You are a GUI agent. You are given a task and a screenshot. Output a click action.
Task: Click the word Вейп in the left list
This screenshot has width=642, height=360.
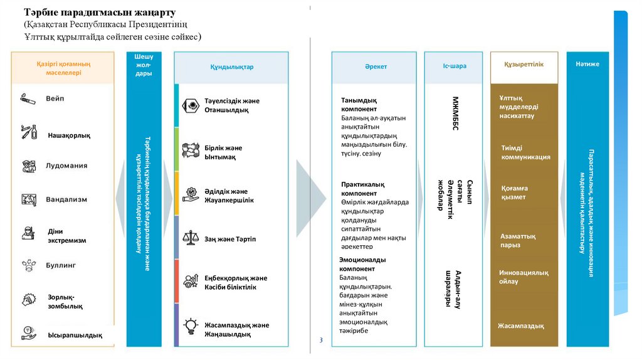point(55,99)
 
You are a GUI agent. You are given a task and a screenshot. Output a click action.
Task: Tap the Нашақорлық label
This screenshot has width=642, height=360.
point(69,135)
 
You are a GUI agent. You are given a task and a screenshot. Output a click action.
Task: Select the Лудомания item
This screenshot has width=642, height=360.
point(66,166)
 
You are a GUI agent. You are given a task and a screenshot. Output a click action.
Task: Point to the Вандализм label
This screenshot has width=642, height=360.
point(66,199)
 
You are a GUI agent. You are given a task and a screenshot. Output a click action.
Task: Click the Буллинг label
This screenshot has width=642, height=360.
point(60,265)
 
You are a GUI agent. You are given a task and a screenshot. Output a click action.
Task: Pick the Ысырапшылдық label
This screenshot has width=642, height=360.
point(75,335)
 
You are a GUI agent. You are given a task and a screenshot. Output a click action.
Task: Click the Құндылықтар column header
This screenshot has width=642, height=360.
point(231,67)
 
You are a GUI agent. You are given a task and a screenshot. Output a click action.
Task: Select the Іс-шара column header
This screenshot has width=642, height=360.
point(455,66)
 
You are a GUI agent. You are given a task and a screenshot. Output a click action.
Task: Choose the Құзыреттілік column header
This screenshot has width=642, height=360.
point(524,65)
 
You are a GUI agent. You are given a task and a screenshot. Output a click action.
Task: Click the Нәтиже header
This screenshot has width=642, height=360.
point(587,64)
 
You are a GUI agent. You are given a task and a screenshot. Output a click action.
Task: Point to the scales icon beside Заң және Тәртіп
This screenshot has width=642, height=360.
point(190,238)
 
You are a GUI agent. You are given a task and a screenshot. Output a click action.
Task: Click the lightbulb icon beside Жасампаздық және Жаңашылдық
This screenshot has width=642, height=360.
point(190,326)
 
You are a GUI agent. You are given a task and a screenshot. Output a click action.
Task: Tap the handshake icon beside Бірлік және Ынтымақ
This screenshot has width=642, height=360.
point(190,151)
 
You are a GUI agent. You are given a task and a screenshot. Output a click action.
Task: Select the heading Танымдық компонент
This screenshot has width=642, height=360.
point(359,104)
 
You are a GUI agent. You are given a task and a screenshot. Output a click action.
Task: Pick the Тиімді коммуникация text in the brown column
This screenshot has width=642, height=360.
point(525,152)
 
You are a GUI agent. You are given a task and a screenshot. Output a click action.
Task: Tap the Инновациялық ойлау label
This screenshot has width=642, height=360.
point(524,277)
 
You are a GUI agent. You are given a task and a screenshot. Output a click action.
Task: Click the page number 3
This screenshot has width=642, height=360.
point(321,340)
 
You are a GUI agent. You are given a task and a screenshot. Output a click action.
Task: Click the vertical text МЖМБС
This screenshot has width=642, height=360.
point(456,113)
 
